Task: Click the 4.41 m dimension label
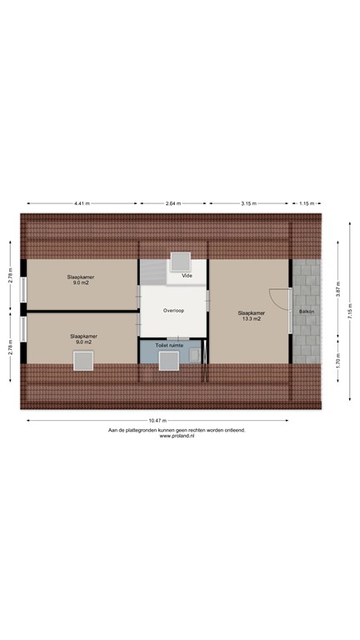(81, 202)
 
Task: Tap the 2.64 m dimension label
(174, 202)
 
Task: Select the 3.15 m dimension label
(248, 202)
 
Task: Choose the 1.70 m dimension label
(337, 364)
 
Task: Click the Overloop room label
(173, 310)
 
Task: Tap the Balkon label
(306, 311)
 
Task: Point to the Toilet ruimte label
(168, 343)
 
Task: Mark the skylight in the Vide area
(180, 260)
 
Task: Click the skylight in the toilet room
(170, 361)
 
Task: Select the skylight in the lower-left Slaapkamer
(83, 361)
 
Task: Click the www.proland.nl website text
(177, 436)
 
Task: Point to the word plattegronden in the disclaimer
(147, 430)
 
